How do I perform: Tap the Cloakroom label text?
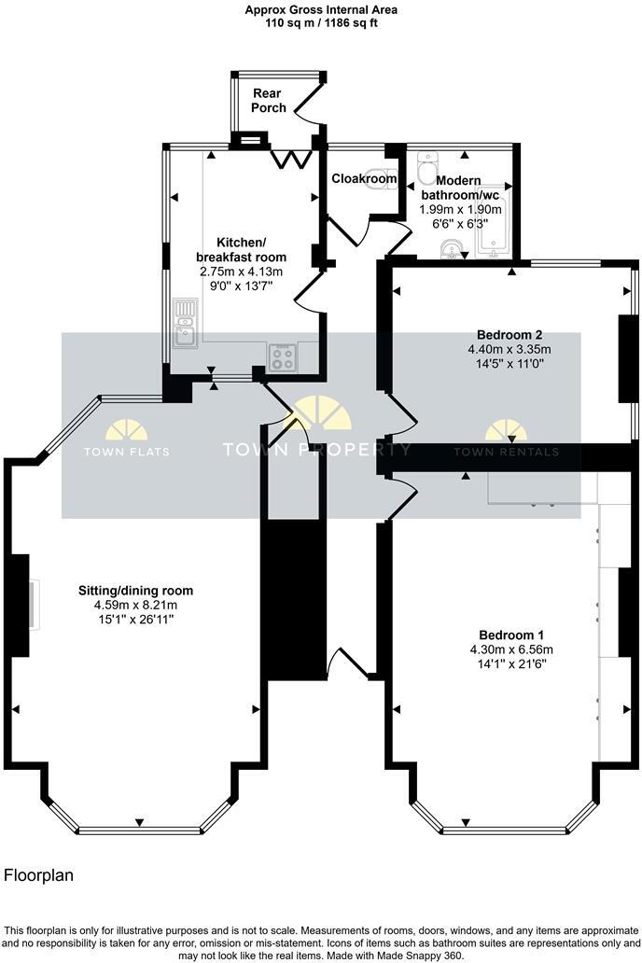pos(365,178)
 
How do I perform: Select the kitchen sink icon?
pos(186,323)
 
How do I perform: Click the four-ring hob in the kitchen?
pos(282,356)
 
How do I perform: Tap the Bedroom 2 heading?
pos(509,334)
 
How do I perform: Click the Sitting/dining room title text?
pos(135,590)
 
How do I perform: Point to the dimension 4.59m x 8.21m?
pos(135,604)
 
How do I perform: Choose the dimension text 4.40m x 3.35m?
pos(509,349)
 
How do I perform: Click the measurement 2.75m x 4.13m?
pos(241,271)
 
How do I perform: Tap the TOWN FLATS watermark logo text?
pos(127,452)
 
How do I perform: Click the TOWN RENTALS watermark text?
pos(506,452)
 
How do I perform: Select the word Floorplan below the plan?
pos(38,875)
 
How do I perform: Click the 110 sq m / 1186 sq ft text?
pos(320,23)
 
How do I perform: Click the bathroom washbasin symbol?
pos(450,247)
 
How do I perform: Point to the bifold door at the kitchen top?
pos(292,159)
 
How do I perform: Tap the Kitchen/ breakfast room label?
pos(241,248)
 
